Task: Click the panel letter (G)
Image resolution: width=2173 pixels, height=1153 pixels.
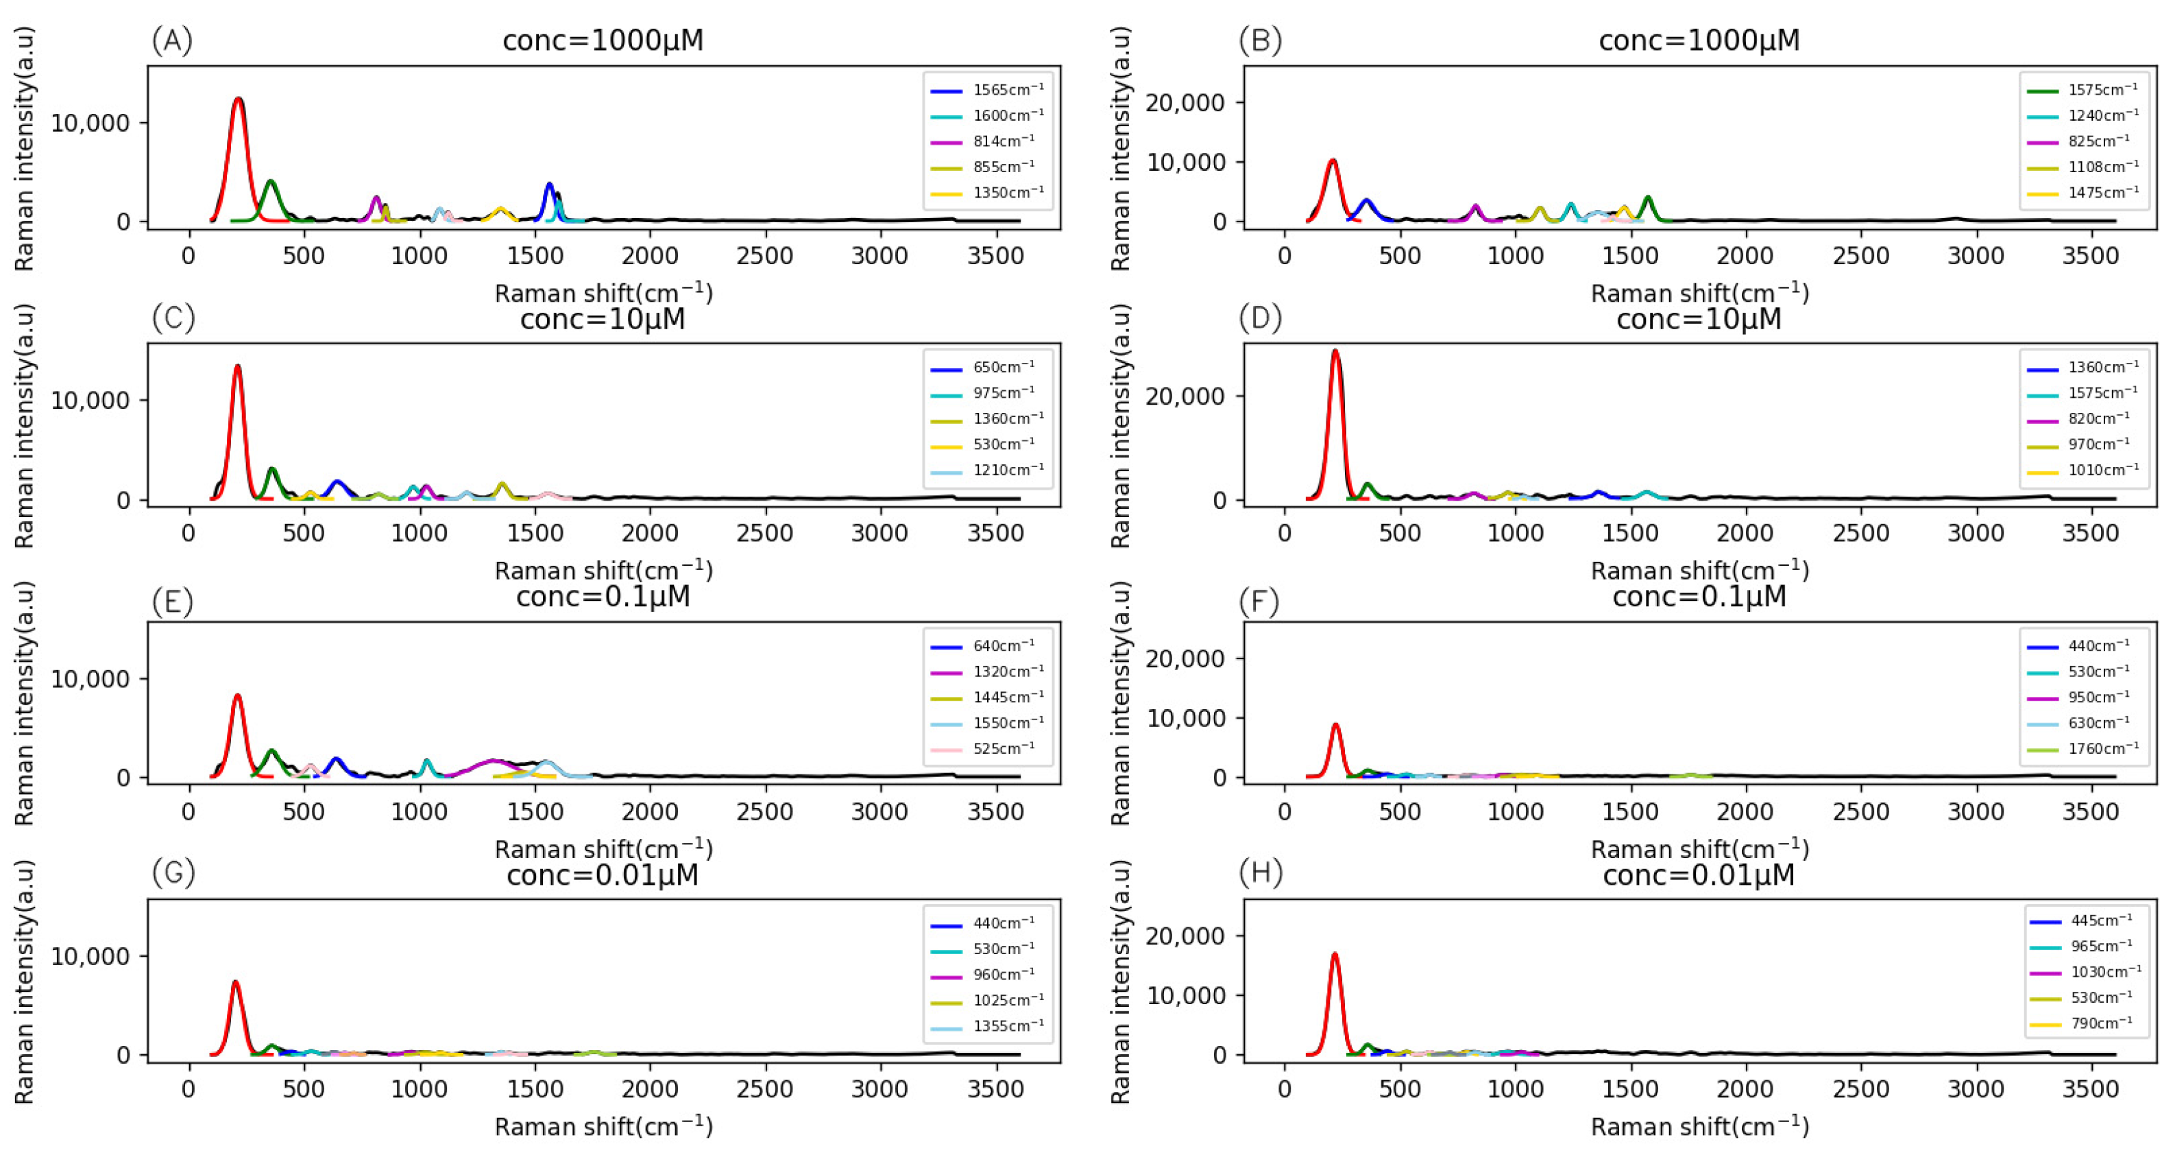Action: [x=173, y=872]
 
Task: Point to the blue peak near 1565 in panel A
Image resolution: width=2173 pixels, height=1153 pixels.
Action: [x=549, y=187]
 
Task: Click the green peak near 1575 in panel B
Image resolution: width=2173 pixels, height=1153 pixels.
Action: [x=1647, y=200]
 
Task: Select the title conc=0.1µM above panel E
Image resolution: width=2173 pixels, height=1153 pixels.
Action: [x=603, y=597]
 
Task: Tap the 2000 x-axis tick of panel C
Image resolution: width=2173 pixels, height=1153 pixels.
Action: [x=650, y=534]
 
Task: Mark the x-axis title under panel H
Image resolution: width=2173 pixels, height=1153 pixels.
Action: [x=1699, y=1126]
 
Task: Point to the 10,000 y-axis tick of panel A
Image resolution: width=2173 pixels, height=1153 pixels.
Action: [x=90, y=123]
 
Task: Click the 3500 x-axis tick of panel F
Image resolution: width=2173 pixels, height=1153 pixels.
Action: [x=2090, y=812]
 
